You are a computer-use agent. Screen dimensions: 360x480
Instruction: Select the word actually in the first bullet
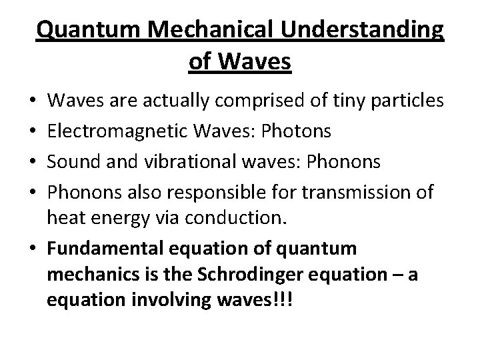point(173,102)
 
